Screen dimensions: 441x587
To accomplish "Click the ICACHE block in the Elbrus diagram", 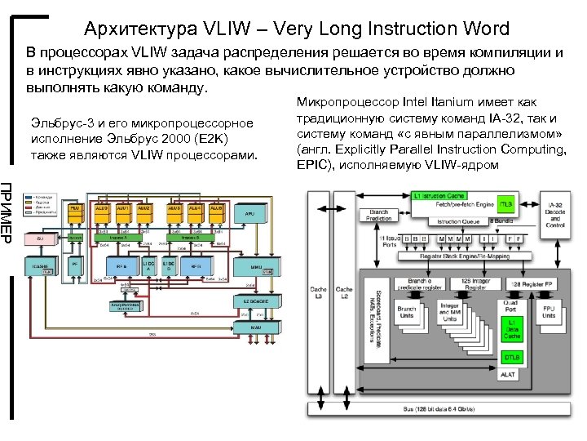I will pos(40,266).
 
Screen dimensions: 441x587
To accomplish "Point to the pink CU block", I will pos(39,238).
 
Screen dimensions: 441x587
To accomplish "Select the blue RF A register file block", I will pos(122,266).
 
